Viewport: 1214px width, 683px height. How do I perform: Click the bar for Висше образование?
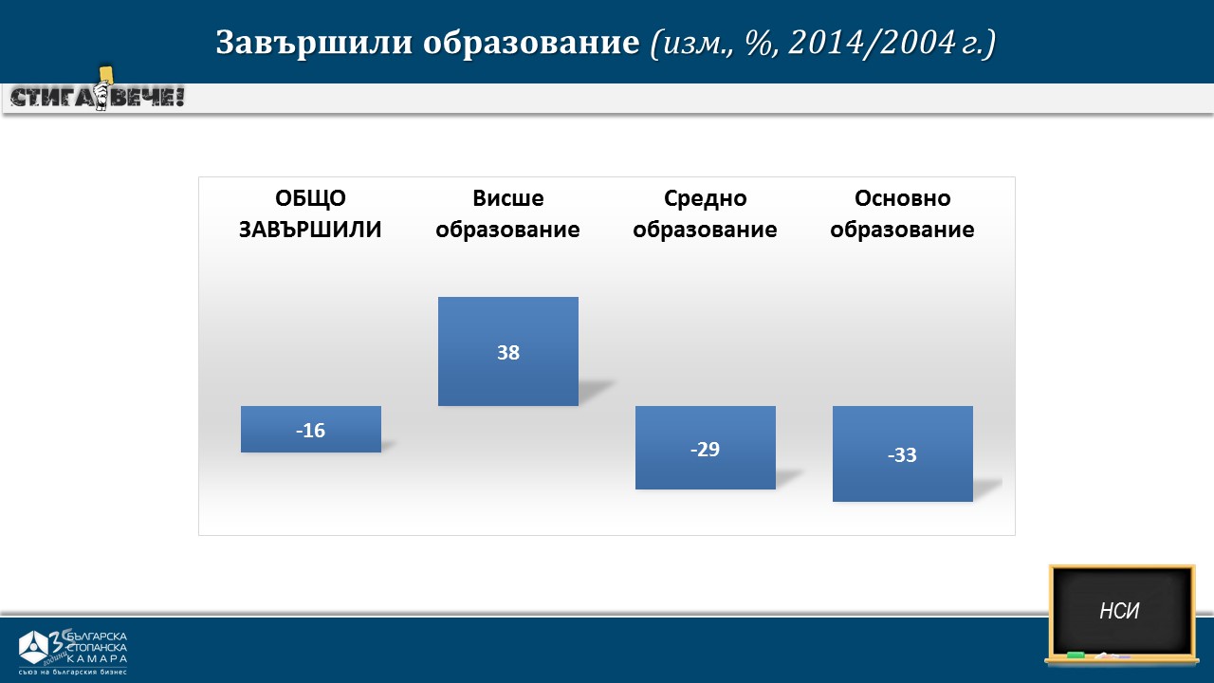(x=507, y=351)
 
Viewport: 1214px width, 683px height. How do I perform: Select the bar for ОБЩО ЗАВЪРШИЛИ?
(x=310, y=429)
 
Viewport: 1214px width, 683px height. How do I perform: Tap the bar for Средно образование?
(x=705, y=448)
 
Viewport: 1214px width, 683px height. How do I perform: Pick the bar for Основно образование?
(x=902, y=453)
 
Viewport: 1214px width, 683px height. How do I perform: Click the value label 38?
(x=507, y=352)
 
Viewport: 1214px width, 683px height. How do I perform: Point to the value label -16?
(x=310, y=431)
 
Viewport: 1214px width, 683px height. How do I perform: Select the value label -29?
(x=705, y=450)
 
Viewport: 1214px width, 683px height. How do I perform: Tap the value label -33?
(x=902, y=454)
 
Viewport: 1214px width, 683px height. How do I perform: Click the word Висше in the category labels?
(x=507, y=198)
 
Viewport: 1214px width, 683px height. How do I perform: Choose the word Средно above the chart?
(x=705, y=199)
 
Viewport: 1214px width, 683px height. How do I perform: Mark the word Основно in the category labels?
(x=902, y=198)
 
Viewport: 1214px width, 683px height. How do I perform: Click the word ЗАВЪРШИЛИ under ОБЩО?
(x=310, y=230)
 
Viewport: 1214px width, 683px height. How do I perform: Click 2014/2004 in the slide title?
(x=872, y=42)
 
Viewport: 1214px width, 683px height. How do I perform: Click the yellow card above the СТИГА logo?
(x=105, y=74)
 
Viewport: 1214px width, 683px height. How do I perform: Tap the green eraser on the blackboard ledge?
(x=1076, y=655)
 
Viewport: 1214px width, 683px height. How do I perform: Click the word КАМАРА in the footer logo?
(x=98, y=659)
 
